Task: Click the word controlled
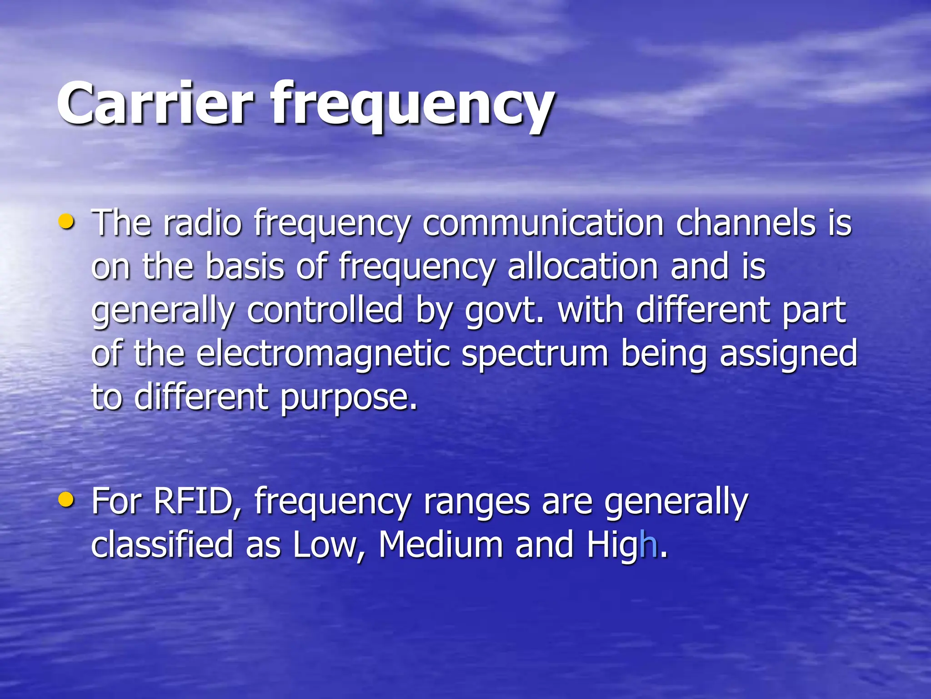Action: pyautogui.click(x=325, y=310)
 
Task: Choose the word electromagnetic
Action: pyautogui.click(x=323, y=355)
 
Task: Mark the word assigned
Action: pyautogui.click(x=788, y=355)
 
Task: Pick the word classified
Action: pyautogui.click(x=162, y=544)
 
